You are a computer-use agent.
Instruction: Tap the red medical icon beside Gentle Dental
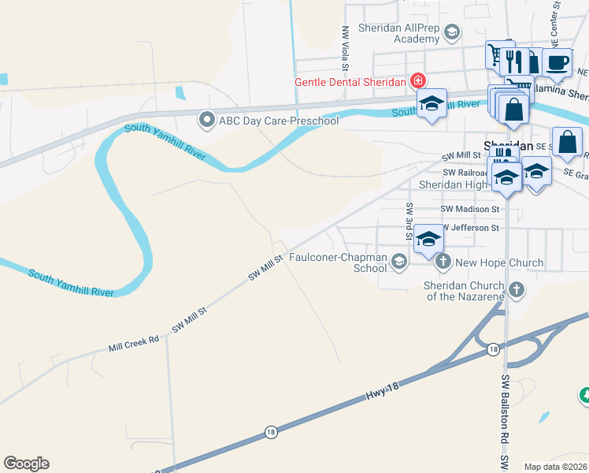pos(417,81)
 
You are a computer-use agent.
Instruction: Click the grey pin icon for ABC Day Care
pos(207,120)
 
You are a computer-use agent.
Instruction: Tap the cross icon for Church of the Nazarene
pos(517,290)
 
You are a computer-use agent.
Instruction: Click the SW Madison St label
pos(470,209)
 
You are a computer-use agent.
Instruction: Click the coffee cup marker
pos(557,63)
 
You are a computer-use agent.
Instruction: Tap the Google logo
pos(26,464)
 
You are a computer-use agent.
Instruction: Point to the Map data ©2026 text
pos(555,467)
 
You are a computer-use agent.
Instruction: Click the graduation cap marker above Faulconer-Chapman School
pos(429,239)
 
